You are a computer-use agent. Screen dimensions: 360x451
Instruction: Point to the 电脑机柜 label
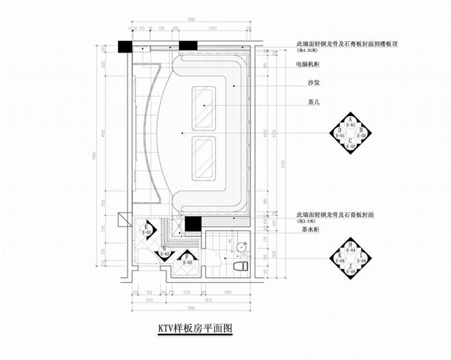pos(311,65)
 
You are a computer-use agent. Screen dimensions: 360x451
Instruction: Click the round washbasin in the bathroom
pos(241,245)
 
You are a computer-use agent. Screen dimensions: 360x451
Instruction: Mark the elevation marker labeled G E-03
pos(163,253)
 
